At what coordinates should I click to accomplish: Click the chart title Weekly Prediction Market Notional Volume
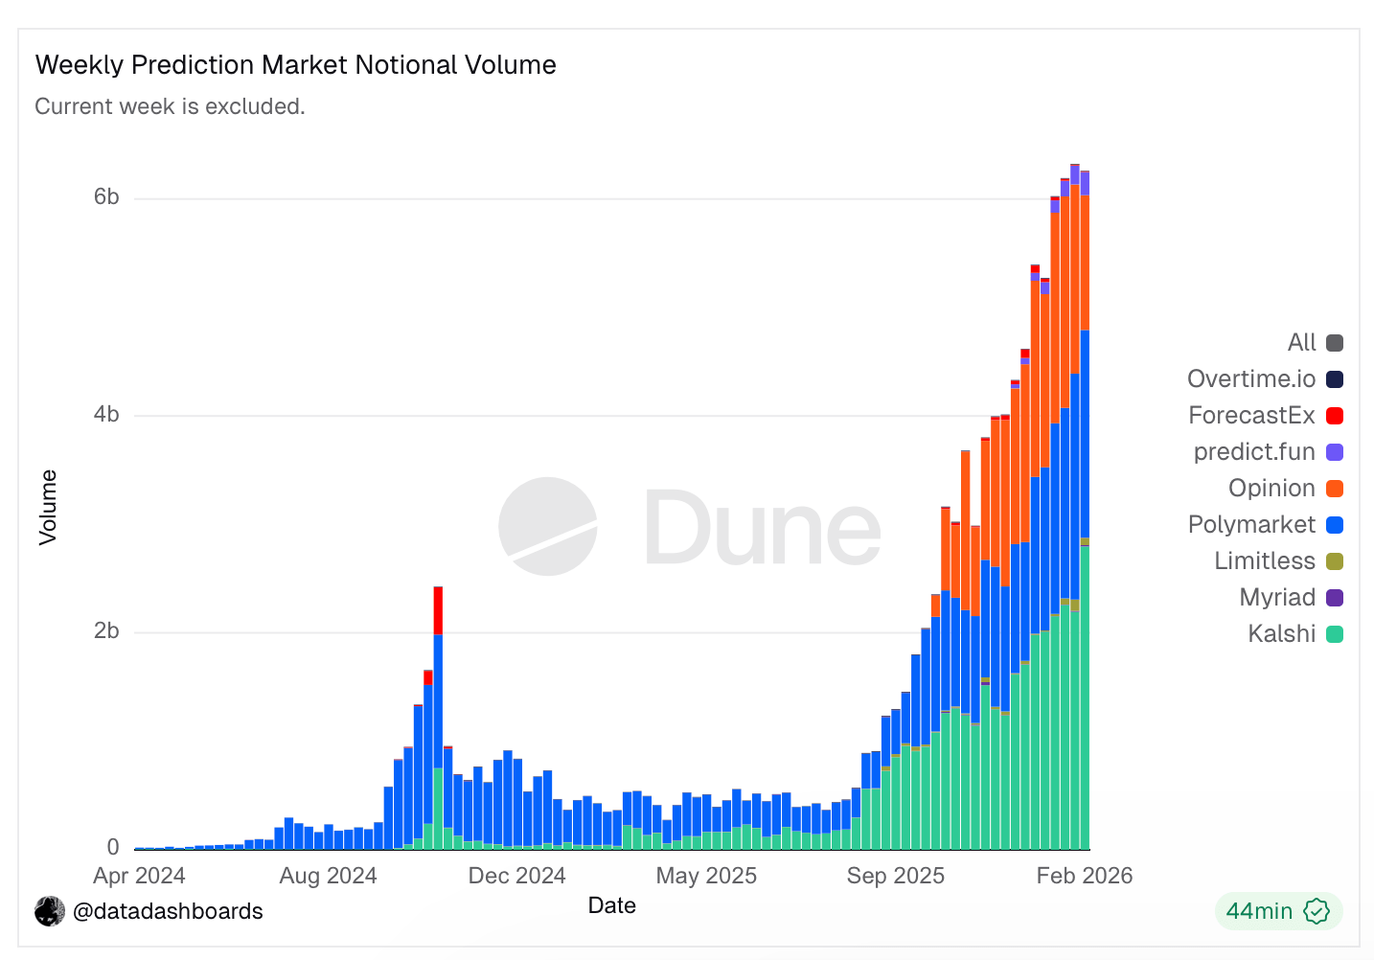tap(295, 65)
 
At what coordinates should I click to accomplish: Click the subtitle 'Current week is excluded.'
tap(170, 106)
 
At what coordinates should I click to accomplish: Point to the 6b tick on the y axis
tap(106, 197)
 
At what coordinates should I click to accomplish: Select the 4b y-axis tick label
tap(106, 415)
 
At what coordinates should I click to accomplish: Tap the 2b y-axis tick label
tap(106, 631)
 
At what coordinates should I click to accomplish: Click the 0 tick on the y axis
tap(113, 848)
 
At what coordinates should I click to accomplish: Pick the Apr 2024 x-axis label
tap(139, 876)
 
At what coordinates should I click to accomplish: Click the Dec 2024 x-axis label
tap(516, 876)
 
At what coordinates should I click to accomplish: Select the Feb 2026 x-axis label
tap(1084, 876)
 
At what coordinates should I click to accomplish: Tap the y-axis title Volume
tap(48, 507)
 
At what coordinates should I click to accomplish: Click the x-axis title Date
tap(611, 905)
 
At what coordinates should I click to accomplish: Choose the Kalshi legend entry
tap(1281, 633)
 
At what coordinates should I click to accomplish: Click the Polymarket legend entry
tap(1251, 524)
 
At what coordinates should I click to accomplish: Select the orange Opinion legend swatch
tap(1334, 489)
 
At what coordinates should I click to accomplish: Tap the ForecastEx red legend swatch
tap(1334, 416)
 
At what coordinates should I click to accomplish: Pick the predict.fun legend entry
tap(1253, 451)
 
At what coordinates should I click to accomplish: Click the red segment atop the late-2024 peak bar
tap(438, 610)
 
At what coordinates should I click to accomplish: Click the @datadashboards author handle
tap(168, 911)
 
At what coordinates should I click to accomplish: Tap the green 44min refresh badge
tap(1277, 911)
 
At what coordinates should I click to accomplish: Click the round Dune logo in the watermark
tap(548, 527)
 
